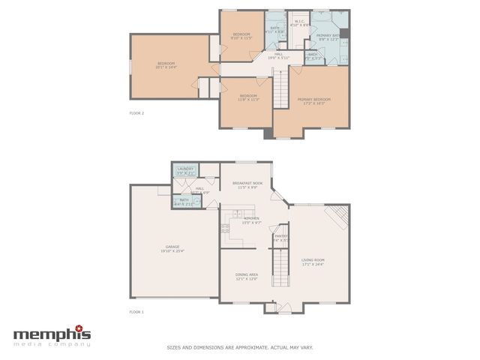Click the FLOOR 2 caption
pos(136,113)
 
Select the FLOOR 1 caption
pos(136,310)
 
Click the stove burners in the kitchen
pos(225,229)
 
